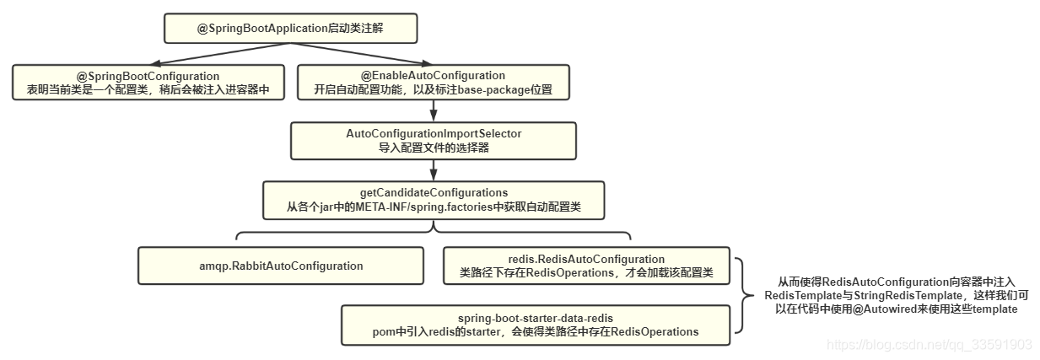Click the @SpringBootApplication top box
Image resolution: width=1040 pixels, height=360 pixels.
[290, 29]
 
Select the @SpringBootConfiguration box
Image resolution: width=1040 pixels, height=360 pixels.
[148, 83]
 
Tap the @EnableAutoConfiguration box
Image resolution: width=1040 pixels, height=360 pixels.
[433, 83]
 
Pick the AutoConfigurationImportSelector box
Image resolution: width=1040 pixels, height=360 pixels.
[434, 141]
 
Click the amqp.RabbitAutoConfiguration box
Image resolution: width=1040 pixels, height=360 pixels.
[281, 266]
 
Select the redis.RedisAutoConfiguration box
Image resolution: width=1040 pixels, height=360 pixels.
[586, 266]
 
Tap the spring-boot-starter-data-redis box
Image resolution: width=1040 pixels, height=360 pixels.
[535, 325]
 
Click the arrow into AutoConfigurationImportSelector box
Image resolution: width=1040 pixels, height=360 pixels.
[434, 112]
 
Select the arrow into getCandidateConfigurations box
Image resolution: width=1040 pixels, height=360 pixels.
[434, 170]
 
